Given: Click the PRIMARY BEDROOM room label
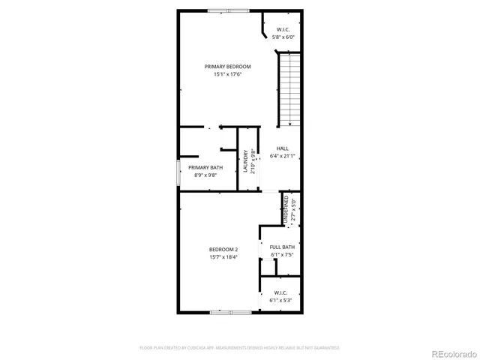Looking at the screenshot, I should pos(228,67).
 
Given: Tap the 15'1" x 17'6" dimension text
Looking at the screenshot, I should pos(228,74).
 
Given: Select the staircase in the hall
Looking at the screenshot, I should pos(289,89).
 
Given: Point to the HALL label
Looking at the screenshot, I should pos(282,148).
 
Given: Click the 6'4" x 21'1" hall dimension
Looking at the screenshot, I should pos(282,156).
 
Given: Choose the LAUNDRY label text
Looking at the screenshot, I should pos(245,161).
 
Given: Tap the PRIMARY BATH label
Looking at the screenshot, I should pos(205,167).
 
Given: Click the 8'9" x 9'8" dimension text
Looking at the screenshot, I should pos(205,175).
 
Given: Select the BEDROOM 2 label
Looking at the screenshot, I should pos(223,250).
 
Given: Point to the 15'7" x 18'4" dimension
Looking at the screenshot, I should pos(223,257).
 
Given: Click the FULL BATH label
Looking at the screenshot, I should pos(282,247).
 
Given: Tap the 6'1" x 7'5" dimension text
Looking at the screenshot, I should pos(282,254).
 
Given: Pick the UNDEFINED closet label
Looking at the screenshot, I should pos(286,208).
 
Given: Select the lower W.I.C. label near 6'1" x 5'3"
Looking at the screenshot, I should pos(281,292).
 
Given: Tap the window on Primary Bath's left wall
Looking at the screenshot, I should pos(178,172).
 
